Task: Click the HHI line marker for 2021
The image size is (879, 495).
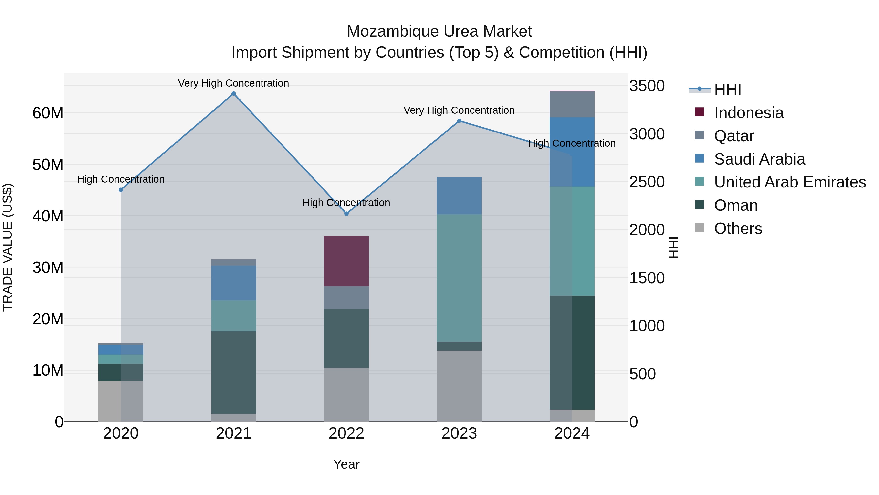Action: [x=233, y=94]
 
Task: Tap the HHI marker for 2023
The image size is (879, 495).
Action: [x=459, y=121]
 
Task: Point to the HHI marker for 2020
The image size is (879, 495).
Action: [x=121, y=190]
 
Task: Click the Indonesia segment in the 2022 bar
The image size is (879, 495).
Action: [x=346, y=261]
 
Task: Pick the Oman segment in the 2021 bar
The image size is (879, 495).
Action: [x=233, y=372]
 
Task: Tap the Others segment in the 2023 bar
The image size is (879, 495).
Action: [x=459, y=386]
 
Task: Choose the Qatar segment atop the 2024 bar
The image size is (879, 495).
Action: [x=572, y=104]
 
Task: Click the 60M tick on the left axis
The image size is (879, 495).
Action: [x=48, y=113]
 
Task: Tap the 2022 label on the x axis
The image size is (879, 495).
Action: [x=346, y=433]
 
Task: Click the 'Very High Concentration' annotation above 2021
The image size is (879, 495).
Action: [x=233, y=83]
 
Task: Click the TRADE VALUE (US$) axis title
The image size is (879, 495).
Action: [x=8, y=247]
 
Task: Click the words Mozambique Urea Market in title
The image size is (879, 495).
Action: [x=439, y=32]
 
